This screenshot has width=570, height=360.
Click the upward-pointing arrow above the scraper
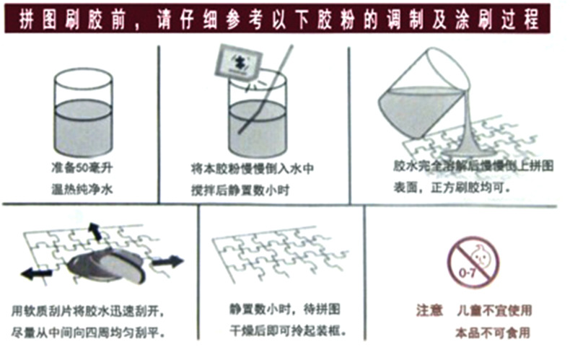click(x=94, y=231)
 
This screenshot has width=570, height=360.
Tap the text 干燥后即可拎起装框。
click(x=284, y=331)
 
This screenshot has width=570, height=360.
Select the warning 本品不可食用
click(x=493, y=333)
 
